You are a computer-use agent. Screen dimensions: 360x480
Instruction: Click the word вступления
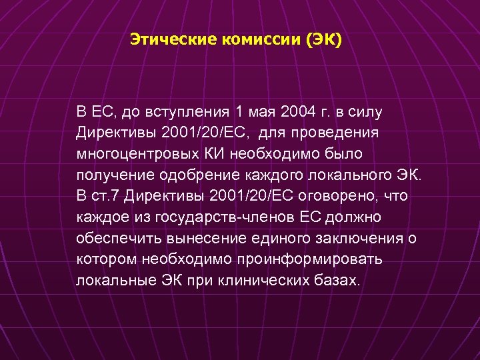(x=183, y=110)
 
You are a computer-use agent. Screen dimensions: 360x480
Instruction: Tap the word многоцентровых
(x=137, y=153)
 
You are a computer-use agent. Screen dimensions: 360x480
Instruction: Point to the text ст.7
(x=106, y=196)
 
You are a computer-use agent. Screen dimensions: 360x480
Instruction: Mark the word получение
(x=114, y=175)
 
